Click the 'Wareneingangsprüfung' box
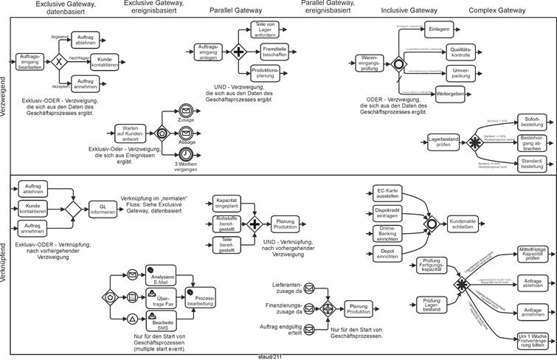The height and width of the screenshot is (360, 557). (369, 63)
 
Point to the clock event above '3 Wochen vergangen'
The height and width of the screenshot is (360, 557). (187, 153)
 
